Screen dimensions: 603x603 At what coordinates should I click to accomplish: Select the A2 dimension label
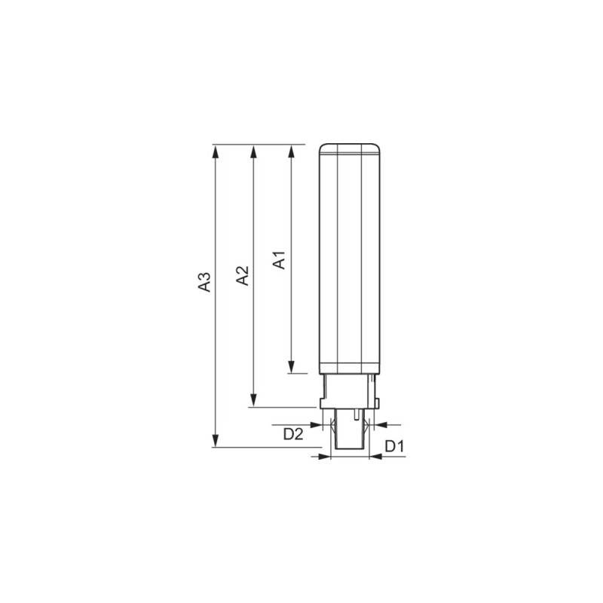point(242,276)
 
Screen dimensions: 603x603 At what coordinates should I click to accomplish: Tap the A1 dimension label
point(280,260)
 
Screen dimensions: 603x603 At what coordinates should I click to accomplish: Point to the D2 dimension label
point(292,434)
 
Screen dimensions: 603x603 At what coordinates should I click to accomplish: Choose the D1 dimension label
point(395,446)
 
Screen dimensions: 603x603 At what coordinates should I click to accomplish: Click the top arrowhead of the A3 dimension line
point(216,151)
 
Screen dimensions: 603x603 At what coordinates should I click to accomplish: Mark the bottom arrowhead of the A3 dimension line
point(216,440)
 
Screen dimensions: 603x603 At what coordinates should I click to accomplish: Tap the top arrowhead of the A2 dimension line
point(253,151)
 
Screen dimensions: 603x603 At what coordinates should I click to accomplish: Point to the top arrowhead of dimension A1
point(291,151)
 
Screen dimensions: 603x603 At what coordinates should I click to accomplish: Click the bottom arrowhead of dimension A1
point(291,366)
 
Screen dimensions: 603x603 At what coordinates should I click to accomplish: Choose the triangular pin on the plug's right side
point(366,426)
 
